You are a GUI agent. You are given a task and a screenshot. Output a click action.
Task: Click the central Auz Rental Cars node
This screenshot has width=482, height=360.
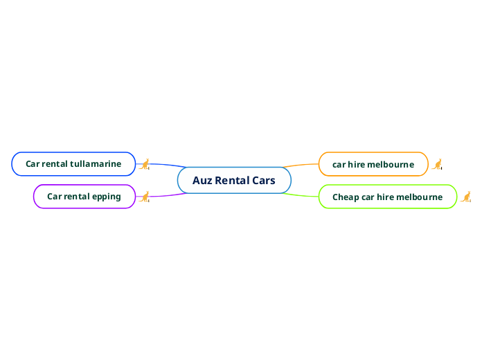pos(234,181)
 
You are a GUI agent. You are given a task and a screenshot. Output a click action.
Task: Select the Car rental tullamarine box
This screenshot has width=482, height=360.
pos(73,164)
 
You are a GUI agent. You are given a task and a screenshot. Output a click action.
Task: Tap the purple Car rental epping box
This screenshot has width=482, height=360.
pos(84,197)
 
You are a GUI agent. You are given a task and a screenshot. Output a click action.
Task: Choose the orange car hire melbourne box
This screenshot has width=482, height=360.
pos(373,164)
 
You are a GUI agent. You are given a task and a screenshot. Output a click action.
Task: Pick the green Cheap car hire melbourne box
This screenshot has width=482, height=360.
pos(387,197)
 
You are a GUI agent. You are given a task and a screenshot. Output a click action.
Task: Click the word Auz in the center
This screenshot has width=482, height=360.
pos(202,181)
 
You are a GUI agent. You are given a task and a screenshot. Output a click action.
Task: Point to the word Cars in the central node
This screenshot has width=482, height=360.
pos(263,181)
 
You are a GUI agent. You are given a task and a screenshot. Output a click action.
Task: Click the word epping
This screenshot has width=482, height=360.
pos(107,197)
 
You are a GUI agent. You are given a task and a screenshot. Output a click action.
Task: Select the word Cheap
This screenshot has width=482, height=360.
pos(346,197)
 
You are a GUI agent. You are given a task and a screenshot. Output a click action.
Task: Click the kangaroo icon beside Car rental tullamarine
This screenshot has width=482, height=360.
pos(145,164)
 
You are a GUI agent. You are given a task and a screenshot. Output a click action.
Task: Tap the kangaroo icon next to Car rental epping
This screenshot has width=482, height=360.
pos(145,197)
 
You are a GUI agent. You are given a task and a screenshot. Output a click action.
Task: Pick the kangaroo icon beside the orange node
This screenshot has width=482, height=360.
pos(438,164)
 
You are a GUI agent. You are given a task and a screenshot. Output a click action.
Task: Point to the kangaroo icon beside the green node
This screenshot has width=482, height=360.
pos(466,197)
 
